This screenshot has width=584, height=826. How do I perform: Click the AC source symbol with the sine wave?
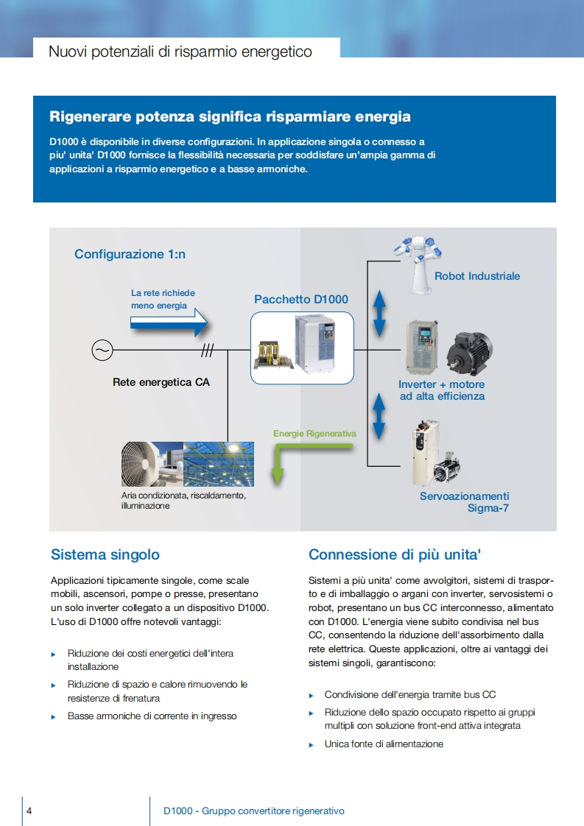102,350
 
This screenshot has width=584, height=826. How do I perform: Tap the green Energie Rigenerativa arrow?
278,460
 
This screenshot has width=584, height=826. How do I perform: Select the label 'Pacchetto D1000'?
301,299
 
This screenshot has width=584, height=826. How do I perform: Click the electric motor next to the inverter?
468,351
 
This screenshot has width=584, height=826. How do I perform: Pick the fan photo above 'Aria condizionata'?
152,464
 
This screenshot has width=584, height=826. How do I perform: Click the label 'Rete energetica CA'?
161,382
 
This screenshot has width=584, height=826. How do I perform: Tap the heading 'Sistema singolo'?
105,554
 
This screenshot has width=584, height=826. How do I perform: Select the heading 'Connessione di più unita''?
395,554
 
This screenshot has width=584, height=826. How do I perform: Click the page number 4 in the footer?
29,811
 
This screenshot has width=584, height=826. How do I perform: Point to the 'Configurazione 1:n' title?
130,254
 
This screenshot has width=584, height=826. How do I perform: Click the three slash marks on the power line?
207,351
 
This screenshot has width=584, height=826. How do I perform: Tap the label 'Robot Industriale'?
477,276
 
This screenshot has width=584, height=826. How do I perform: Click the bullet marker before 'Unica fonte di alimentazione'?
311,745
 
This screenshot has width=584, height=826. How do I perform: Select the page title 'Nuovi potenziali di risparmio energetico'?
180,52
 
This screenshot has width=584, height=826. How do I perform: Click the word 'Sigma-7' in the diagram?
488,508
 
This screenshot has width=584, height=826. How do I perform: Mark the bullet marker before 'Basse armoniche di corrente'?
53,716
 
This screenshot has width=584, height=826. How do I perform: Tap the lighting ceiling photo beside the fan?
219,464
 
